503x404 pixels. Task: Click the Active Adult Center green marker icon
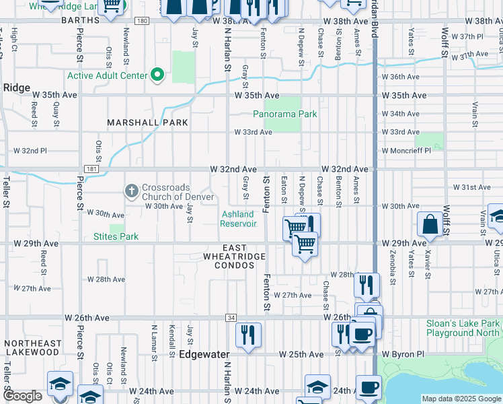click(x=157, y=75)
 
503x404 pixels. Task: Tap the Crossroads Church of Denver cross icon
click(x=132, y=191)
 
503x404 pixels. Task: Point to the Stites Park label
click(x=116, y=236)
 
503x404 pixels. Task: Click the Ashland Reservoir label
click(x=239, y=219)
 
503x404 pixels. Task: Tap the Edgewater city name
click(x=204, y=354)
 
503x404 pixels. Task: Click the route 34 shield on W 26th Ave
click(x=231, y=317)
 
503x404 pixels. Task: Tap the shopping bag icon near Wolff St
click(x=429, y=224)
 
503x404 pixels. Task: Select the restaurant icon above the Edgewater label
click(x=248, y=334)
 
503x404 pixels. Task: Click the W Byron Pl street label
click(x=403, y=353)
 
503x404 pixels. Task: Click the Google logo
click(x=23, y=397)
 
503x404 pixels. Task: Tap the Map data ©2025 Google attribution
click(x=461, y=399)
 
